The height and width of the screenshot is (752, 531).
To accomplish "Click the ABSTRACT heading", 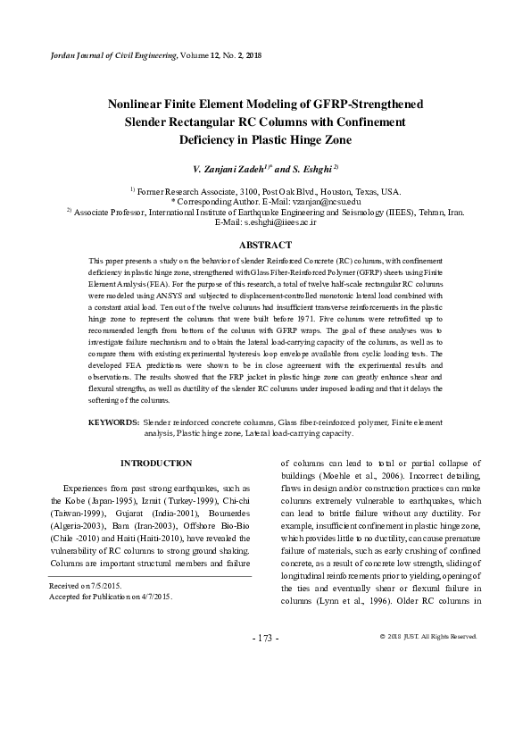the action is pos(267,245).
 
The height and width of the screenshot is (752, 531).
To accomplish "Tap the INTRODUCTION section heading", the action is pos(156,464).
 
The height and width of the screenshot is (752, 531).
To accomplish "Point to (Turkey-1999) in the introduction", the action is pos(168,503).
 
